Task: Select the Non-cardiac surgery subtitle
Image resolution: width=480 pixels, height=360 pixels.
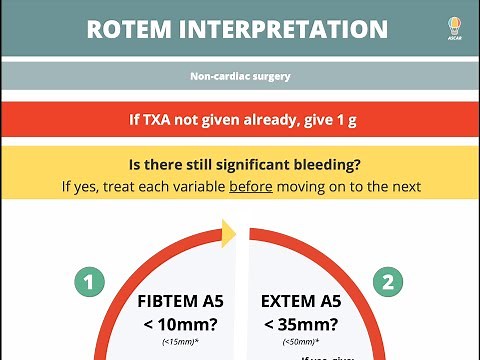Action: [x=240, y=75]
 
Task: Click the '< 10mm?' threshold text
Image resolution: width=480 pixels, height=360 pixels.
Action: [x=181, y=324]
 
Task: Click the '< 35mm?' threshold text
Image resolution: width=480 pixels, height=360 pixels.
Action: [x=300, y=324]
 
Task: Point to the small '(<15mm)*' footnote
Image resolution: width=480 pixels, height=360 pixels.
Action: [x=180, y=343]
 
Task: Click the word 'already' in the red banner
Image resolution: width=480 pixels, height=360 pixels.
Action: [x=276, y=118]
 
